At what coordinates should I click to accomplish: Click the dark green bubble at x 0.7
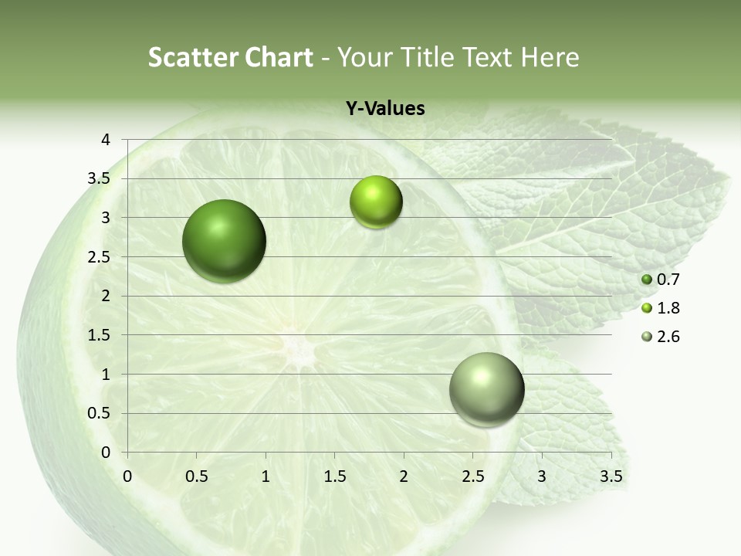point(225,241)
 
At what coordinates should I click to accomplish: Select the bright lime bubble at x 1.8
point(376,202)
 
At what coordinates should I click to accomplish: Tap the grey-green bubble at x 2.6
point(486,389)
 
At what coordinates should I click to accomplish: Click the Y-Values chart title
point(384,109)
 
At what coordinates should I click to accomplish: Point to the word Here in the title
point(549,57)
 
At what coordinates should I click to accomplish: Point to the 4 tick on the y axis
point(106,140)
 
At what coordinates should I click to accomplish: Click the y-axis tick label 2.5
point(100,257)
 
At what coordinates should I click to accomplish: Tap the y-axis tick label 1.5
point(100,335)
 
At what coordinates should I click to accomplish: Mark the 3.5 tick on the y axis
point(100,179)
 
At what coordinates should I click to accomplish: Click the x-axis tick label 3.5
point(611,476)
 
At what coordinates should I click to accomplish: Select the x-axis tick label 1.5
point(334,476)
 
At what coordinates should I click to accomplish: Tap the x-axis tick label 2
point(404,476)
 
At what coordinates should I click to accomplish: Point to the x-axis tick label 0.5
point(196,476)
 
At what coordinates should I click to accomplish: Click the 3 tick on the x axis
point(542,476)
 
